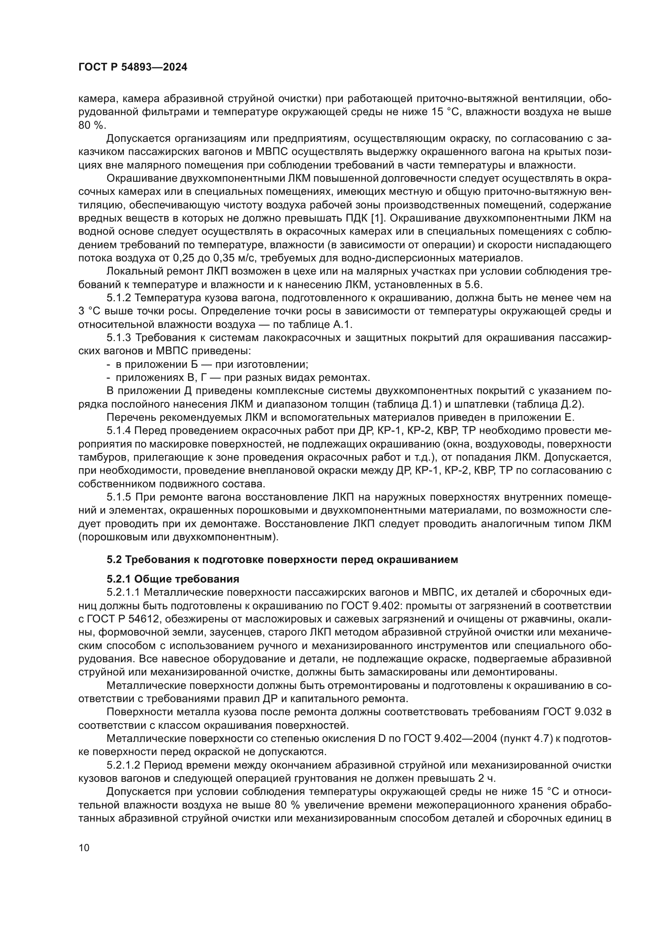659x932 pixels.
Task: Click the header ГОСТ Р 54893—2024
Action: tap(133, 67)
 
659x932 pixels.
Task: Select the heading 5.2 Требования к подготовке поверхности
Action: tap(282, 559)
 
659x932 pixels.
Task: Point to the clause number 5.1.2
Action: tap(119, 298)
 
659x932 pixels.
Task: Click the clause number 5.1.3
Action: tap(119, 338)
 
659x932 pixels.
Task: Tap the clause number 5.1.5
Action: tap(119, 497)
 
